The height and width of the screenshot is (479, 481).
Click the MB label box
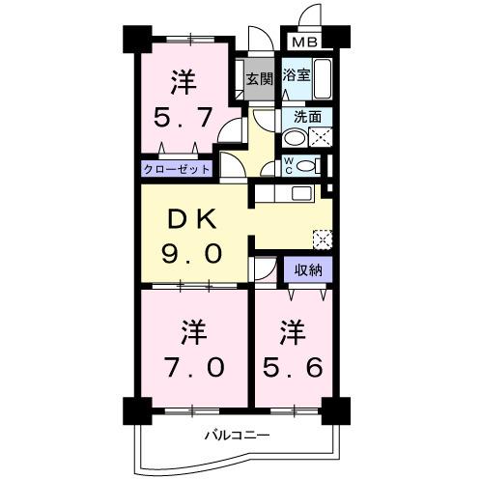point(306,42)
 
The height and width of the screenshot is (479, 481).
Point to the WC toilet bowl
point(306,166)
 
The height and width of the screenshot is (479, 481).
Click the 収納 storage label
point(308,270)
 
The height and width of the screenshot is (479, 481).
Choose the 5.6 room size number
point(291,366)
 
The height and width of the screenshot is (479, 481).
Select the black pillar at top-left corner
point(134,38)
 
